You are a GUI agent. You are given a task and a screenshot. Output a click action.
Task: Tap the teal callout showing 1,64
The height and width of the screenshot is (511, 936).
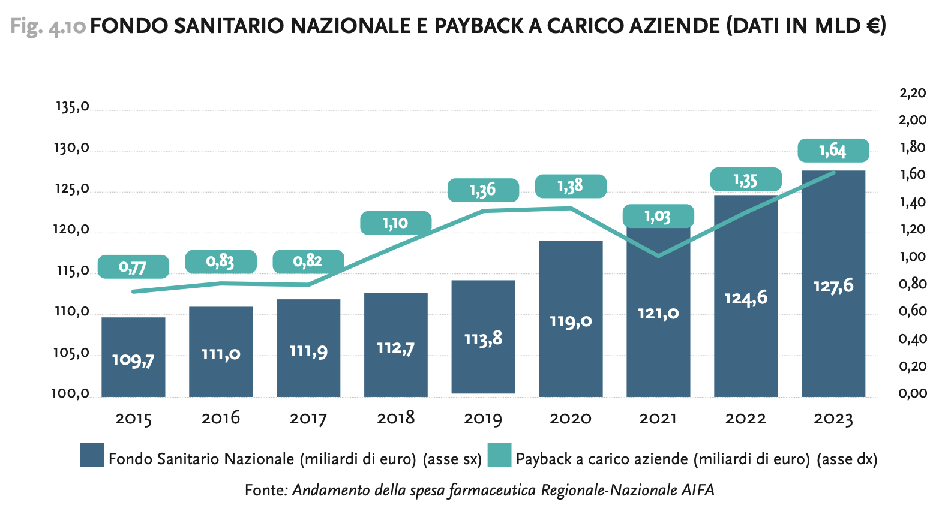point(833,150)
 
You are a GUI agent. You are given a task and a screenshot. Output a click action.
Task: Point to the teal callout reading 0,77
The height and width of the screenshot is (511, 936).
point(133,266)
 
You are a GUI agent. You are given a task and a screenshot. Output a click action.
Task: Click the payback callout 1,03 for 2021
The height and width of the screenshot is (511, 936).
point(658,216)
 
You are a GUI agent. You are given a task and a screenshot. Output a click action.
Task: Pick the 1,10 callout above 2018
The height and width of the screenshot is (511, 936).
point(395,223)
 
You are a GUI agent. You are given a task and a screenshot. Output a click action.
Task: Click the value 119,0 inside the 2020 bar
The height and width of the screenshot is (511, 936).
point(571,321)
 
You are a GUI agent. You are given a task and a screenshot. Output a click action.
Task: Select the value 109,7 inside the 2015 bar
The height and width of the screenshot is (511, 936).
point(133,360)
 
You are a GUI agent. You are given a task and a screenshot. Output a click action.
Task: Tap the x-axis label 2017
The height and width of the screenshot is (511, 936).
point(308,418)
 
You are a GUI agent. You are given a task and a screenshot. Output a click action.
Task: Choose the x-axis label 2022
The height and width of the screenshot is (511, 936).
point(745,418)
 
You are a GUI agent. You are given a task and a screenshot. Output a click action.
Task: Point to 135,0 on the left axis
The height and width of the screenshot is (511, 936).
point(73,107)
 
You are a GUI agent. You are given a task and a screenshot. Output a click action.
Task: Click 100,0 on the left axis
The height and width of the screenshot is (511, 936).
point(71,394)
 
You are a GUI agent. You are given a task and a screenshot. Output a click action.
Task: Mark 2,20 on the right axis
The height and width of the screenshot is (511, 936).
point(913,93)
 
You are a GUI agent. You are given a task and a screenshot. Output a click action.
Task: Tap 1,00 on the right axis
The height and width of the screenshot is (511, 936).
point(913,257)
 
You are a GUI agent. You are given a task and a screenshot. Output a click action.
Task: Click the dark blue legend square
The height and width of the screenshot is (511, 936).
point(92,455)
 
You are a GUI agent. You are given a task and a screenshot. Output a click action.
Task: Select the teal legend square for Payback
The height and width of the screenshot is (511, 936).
point(499,455)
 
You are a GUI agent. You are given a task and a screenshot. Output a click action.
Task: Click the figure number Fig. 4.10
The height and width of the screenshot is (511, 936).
point(48,26)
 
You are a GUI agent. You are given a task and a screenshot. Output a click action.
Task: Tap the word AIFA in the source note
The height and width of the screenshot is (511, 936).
point(698,490)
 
